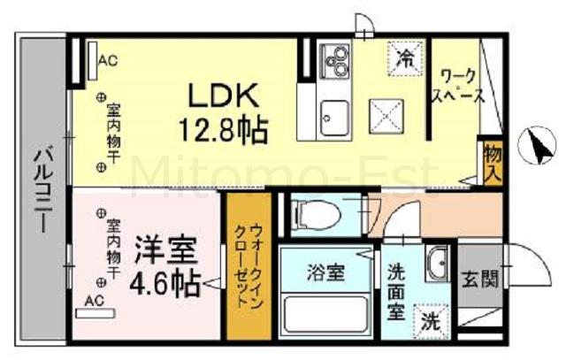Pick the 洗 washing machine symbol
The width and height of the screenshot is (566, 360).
pos(431,322)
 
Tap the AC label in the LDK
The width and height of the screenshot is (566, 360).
pos(108,60)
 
